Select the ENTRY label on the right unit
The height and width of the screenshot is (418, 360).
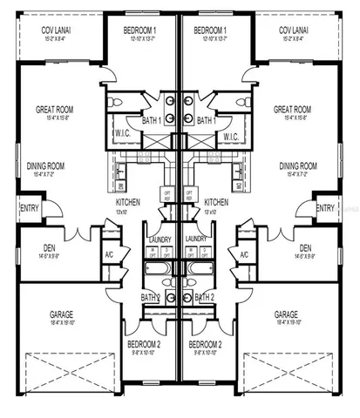click(x=325, y=207)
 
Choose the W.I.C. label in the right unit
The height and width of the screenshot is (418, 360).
click(x=231, y=137)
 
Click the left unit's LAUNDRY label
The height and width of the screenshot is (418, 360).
click(x=161, y=239)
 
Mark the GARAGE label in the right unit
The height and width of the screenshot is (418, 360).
click(x=287, y=313)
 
